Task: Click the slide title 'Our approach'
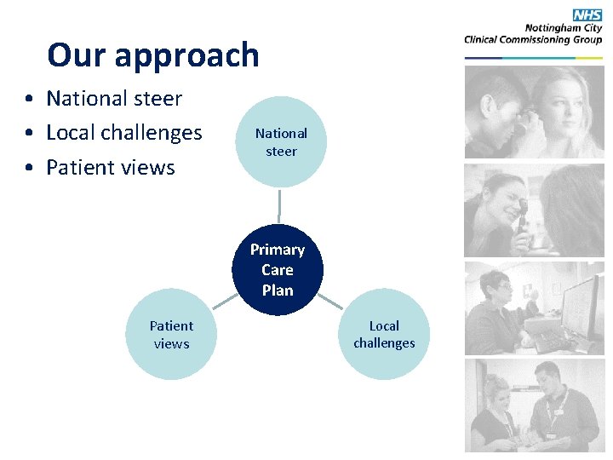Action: click(153, 55)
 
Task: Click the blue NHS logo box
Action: click(587, 14)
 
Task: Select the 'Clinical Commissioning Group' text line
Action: click(533, 39)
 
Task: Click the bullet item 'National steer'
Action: click(113, 99)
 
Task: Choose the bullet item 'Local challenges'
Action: click(123, 133)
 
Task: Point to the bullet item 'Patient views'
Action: click(110, 167)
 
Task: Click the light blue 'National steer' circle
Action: click(281, 142)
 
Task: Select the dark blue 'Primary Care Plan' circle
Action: click(278, 270)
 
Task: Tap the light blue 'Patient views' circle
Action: click(171, 335)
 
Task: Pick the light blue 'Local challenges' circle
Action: click(384, 335)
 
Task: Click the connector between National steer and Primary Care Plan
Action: click(279, 206)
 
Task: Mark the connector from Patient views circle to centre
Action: click(225, 302)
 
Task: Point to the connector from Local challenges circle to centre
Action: click(331, 302)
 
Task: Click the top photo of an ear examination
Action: click(534, 112)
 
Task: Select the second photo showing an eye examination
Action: click(534, 210)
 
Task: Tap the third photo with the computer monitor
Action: click(534, 308)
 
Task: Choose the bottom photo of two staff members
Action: click(534, 405)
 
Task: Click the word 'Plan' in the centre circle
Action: click(278, 290)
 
